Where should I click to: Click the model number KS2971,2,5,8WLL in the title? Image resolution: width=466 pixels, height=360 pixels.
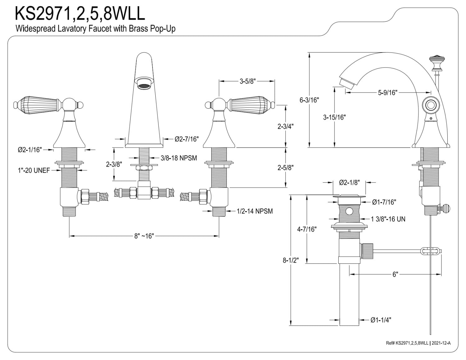[x=80, y=13]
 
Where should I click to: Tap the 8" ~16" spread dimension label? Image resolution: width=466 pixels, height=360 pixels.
[x=144, y=236]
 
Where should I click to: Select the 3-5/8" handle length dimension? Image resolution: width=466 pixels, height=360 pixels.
[x=248, y=81]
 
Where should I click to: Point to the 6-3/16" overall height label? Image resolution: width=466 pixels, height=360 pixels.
[x=309, y=100]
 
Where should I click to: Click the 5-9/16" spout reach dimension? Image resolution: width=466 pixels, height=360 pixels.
[x=388, y=93]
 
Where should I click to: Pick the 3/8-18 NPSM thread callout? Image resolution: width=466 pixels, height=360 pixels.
[x=179, y=158]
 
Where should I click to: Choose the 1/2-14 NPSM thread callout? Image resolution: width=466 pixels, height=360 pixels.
[x=255, y=211]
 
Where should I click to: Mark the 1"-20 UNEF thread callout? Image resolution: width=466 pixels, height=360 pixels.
[x=34, y=171]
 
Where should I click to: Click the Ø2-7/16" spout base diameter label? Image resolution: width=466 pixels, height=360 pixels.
[x=187, y=139]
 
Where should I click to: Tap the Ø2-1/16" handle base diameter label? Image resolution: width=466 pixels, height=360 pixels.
[x=30, y=150]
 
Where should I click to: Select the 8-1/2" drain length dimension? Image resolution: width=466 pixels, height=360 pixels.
[x=291, y=260]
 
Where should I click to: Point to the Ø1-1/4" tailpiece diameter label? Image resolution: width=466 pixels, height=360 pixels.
[x=381, y=320]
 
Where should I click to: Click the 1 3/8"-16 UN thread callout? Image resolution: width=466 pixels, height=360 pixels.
[x=388, y=219]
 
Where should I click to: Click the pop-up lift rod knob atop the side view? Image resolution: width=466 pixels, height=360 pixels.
[x=437, y=63]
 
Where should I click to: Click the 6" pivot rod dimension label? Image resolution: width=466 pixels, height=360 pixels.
[x=395, y=274]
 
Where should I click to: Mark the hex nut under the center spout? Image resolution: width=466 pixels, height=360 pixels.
[x=144, y=167]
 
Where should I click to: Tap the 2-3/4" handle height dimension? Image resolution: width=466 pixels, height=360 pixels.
[x=286, y=126]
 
